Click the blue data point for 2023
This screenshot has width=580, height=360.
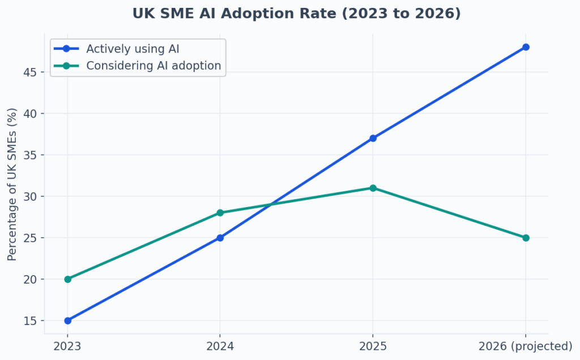click(x=68, y=320)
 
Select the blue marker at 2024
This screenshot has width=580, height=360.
click(x=220, y=238)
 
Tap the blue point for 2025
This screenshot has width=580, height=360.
click(x=373, y=138)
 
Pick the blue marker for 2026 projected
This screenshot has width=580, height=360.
click(x=526, y=47)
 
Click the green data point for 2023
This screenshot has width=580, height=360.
click(x=68, y=279)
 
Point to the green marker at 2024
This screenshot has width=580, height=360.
click(x=220, y=213)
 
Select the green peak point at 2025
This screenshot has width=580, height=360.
click(x=373, y=188)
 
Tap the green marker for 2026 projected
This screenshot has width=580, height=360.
click(x=526, y=238)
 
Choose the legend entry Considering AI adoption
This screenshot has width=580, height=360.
click(x=153, y=66)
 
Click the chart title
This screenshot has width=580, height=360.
click(x=296, y=14)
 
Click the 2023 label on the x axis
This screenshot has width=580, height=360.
click(x=68, y=346)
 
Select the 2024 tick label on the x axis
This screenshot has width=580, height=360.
click(x=220, y=346)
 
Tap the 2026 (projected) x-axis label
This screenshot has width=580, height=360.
click(x=526, y=346)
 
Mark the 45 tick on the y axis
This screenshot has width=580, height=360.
click(x=31, y=72)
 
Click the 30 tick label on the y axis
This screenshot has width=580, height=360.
click(x=31, y=196)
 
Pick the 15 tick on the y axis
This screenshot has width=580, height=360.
click(x=31, y=320)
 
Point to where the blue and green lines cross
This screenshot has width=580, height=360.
click(x=271, y=204)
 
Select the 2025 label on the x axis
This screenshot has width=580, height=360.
click(x=373, y=346)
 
